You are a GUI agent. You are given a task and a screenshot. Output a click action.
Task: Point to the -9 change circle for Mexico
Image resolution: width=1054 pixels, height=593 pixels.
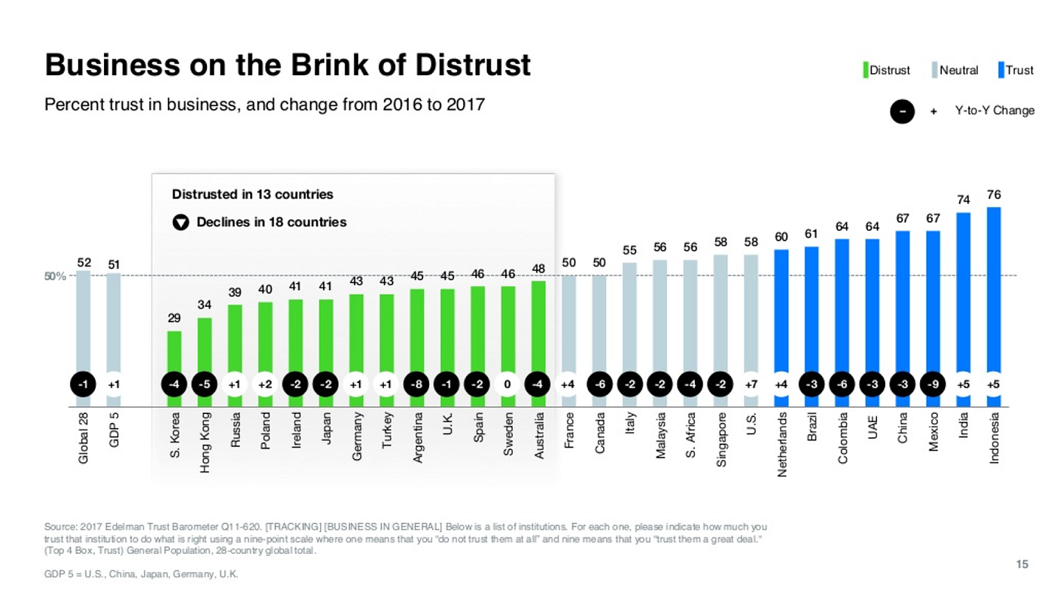pyautogui.click(x=934, y=385)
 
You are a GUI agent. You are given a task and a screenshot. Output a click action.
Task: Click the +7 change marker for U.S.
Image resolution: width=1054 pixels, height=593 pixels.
pyautogui.click(x=751, y=385)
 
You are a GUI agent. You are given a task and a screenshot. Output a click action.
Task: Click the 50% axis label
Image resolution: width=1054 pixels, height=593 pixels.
pyautogui.click(x=56, y=276)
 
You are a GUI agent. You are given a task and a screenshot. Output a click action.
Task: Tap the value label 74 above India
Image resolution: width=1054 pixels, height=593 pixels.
pyautogui.click(x=964, y=200)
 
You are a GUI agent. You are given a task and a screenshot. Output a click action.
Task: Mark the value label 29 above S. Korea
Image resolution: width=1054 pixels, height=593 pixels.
pyautogui.click(x=174, y=319)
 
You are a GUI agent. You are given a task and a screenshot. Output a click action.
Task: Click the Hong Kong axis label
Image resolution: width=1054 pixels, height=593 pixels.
pyautogui.click(x=205, y=442)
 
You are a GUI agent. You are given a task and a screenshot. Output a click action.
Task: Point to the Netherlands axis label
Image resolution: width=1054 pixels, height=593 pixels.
pyautogui.click(x=782, y=445)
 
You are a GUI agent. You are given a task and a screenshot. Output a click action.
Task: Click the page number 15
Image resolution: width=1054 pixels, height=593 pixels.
pyautogui.click(x=1022, y=564)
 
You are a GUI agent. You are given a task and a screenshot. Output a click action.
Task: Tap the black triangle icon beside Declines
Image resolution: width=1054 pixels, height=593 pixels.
pyautogui.click(x=180, y=223)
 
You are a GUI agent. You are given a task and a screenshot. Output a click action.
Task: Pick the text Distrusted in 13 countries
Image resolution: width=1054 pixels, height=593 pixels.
pyautogui.click(x=252, y=194)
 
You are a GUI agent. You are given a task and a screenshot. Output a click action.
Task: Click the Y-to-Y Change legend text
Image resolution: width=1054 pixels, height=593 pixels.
pyautogui.click(x=995, y=111)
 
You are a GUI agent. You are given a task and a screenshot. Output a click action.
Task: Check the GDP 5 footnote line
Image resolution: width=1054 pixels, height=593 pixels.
pyautogui.click(x=142, y=575)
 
